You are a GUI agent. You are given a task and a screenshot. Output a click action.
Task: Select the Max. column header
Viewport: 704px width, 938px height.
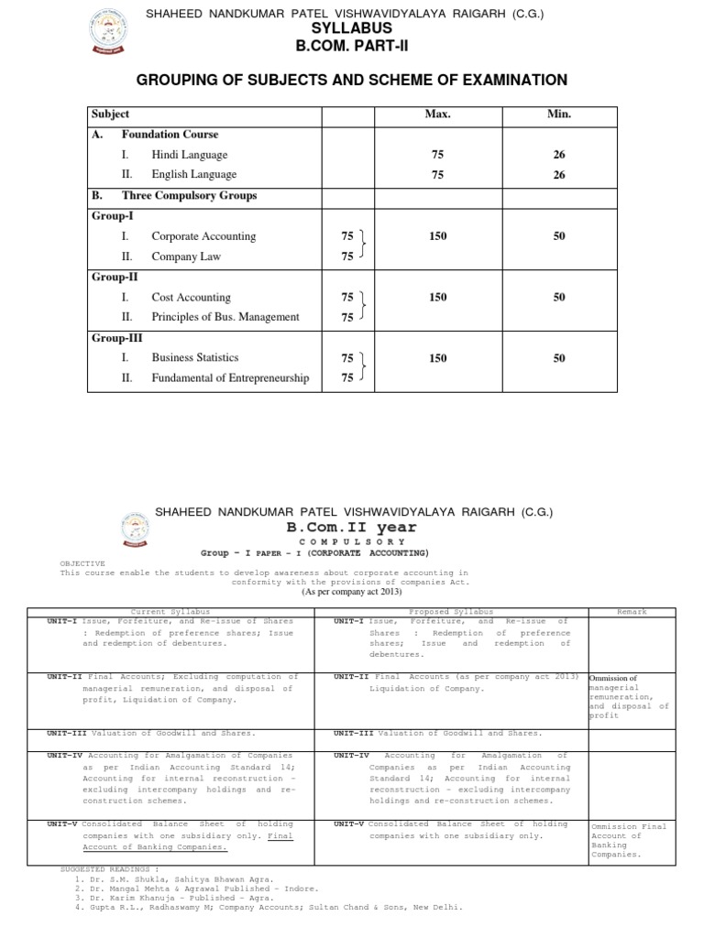[x=437, y=115]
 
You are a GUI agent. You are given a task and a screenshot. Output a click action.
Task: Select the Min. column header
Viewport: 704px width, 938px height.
[x=558, y=115]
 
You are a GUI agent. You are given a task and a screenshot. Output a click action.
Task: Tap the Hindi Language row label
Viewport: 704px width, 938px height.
[x=189, y=155]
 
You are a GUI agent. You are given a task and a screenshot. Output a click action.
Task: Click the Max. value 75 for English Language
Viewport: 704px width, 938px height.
[x=437, y=174]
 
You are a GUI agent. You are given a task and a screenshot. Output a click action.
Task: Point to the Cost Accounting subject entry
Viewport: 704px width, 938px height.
[x=191, y=297]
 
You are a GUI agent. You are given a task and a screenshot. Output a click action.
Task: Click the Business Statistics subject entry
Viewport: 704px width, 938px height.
[x=194, y=358]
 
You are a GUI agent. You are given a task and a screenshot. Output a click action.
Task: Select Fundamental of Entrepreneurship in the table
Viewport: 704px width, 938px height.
[x=230, y=377]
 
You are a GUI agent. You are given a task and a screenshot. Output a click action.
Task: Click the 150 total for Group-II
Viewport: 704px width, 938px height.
[x=437, y=297]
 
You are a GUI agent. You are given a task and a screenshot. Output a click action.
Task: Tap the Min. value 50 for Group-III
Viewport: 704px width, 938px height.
[x=558, y=358]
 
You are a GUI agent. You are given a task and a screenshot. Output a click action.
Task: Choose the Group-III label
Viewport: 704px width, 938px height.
[x=111, y=338]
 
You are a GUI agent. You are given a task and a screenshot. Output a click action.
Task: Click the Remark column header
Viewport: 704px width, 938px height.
[x=632, y=611]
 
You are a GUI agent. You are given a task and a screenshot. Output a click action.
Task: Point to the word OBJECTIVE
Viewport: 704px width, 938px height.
[x=82, y=563]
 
